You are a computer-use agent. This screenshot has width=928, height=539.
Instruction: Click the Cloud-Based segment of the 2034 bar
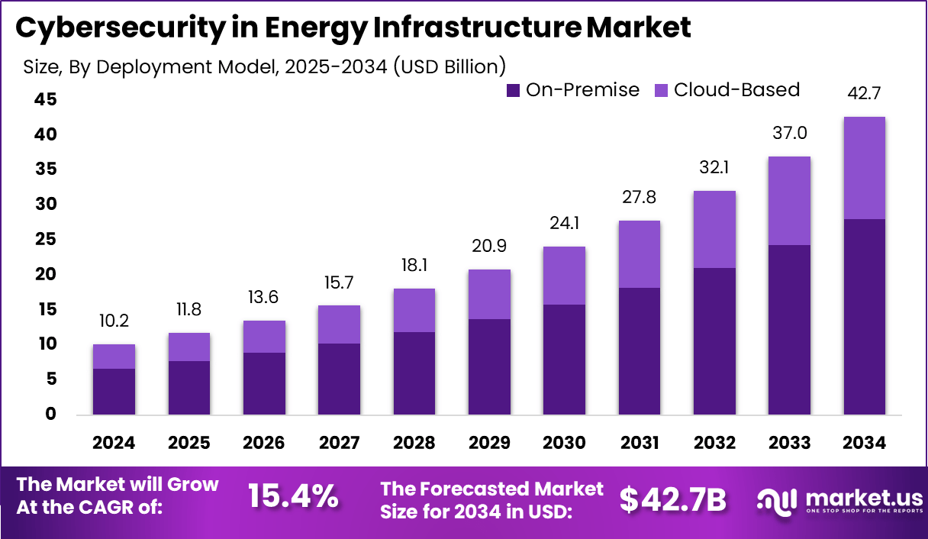pyautogui.click(x=865, y=168)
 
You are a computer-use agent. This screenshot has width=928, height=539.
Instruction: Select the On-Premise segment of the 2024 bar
pyautogui.click(x=114, y=392)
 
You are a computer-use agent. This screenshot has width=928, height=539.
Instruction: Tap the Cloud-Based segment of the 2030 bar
pyautogui.click(x=564, y=276)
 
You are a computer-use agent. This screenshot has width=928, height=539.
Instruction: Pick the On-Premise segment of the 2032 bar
pyautogui.click(x=714, y=341)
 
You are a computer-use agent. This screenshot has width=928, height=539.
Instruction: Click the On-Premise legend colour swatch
pyautogui.click(x=513, y=90)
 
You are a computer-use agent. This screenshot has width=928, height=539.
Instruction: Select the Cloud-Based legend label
pyautogui.click(x=736, y=90)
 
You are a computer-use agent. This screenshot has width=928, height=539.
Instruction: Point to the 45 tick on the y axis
pyautogui.click(x=45, y=99)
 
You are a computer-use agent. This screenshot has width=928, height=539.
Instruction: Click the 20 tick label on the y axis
pyautogui.click(x=45, y=274)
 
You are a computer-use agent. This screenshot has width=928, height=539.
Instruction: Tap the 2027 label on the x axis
pyautogui.click(x=339, y=443)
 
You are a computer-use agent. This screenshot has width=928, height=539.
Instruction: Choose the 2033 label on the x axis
pyautogui.click(x=789, y=443)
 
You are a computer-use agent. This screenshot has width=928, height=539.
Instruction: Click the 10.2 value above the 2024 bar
pyautogui.click(x=114, y=321)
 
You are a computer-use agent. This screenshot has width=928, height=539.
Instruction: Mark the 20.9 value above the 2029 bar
pyautogui.click(x=489, y=246)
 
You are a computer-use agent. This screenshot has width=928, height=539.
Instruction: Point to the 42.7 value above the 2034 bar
pyautogui.click(x=865, y=94)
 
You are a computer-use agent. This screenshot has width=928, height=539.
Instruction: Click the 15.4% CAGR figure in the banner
pyautogui.click(x=293, y=497)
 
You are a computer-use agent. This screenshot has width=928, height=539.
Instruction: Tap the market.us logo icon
pyautogui.click(x=776, y=499)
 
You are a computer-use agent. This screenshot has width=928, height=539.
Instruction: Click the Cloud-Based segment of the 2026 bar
pyautogui.click(x=264, y=337)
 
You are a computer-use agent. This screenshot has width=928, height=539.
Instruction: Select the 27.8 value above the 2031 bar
pyautogui.click(x=639, y=198)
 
